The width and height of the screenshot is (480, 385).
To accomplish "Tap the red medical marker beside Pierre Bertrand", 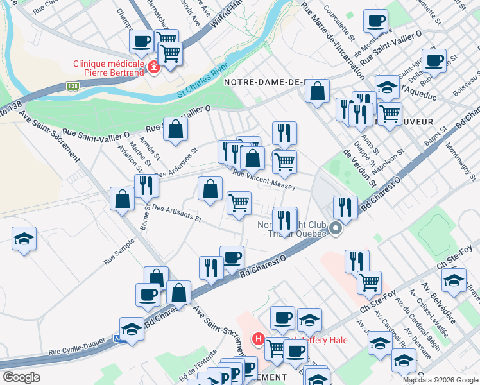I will click(154, 67).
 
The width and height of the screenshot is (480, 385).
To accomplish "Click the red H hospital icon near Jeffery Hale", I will click(259, 338).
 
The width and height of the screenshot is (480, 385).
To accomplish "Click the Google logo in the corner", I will click(21, 377).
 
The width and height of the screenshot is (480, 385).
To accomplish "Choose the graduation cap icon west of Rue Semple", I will click(24, 239).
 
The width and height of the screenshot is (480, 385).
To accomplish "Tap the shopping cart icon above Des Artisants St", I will click(239, 203).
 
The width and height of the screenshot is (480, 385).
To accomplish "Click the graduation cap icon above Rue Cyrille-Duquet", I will click(132, 329).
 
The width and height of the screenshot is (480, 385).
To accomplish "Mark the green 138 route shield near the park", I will click(73, 85).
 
